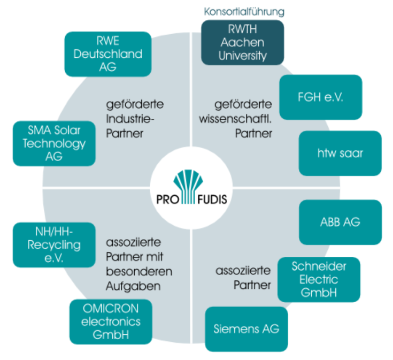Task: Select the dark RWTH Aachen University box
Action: [242, 42]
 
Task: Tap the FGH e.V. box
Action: [320, 97]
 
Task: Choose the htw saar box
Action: [340, 153]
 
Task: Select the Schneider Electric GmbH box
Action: [319, 280]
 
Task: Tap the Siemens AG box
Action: [246, 328]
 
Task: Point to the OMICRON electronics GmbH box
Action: [111, 321]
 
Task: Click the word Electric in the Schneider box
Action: [319, 280]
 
